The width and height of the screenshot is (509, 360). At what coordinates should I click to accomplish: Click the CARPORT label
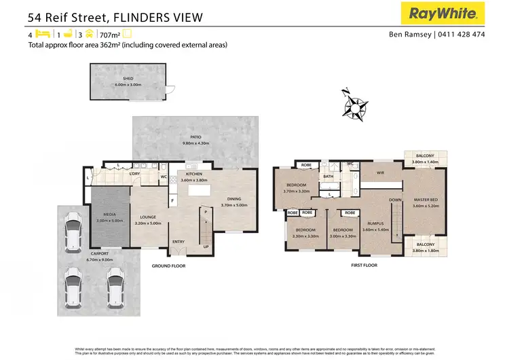point(99,253)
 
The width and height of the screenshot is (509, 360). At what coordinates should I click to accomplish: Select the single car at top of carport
point(73,234)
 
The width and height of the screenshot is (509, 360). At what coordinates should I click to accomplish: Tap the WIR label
point(380,173)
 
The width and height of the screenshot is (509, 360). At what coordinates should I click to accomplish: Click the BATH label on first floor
point(328,177)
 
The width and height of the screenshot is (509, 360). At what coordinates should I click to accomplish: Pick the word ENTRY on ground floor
point(178,241)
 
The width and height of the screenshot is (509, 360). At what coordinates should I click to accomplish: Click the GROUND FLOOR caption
point(168,266)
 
